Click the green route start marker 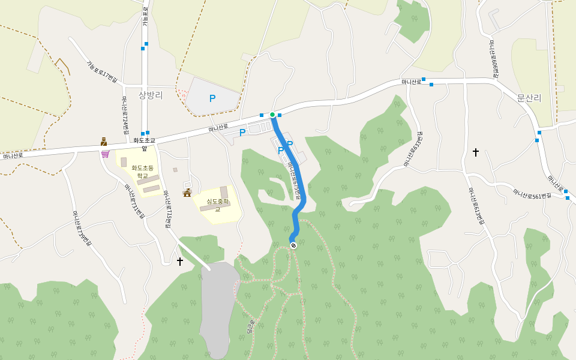pos(272,115)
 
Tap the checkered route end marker pos(293,245)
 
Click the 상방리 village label pos(151,95)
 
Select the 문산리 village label pos(529,98)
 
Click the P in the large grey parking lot pos(212,98)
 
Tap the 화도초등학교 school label pos(142,172)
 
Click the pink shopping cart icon pos(105,154)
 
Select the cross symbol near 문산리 pos(476,152)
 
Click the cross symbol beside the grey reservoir pos(180,261)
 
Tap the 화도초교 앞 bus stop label pos(144,144)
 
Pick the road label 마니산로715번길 pos(167,209)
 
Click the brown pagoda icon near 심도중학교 pos(187,193)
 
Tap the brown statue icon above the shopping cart pos(104,142)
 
